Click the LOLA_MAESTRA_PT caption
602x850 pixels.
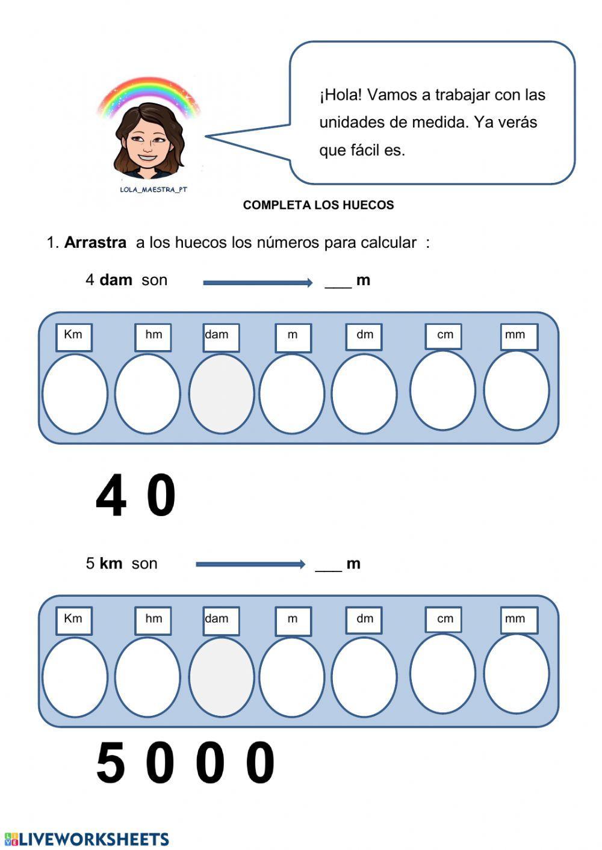click(153, 189)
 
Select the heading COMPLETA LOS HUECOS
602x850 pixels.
click(318, 205)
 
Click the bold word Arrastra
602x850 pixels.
click(95, 243)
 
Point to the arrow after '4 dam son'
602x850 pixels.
click(258, 282)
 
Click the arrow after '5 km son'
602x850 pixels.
click(250, 564)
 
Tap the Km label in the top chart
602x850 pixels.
click(73, 336)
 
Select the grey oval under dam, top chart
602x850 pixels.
click(221, 394)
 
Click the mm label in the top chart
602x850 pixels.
click(518, 336)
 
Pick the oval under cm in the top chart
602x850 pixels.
click(442, 390)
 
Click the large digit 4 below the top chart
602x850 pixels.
click(111, 496)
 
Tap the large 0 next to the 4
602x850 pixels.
click(161, 496)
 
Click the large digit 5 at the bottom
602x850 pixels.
click(111, 763)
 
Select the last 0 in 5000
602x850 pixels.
click(261, 763)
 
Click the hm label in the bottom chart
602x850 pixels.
click(153, 620)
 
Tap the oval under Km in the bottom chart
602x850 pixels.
click(75, 677)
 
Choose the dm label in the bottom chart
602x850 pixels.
click(364, 620)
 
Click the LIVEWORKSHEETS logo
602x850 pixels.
click(87, 839)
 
